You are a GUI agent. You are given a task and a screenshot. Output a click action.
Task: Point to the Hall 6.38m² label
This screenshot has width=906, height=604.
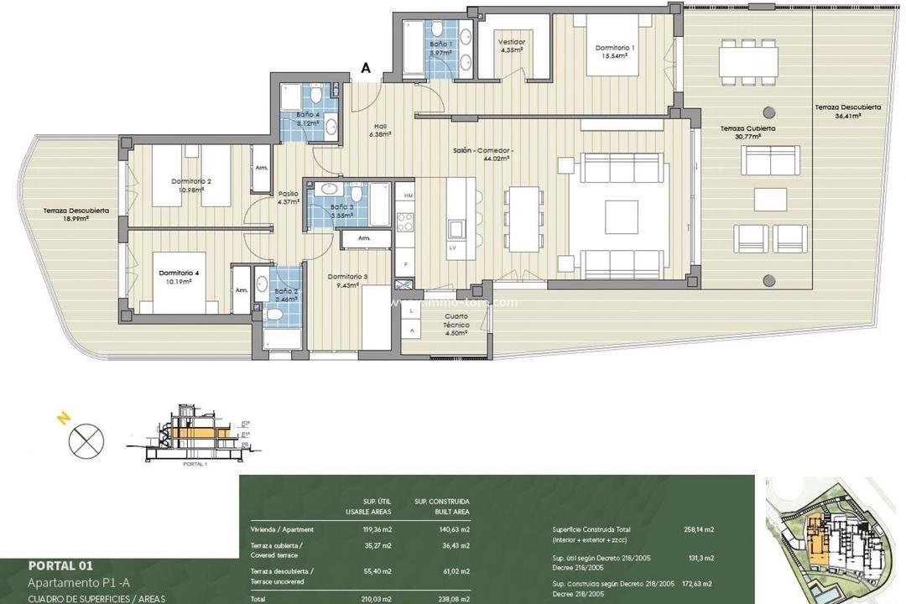click(x=380, y=129)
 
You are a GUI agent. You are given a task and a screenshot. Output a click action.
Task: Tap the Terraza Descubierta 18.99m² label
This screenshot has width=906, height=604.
click(x=76, y=216)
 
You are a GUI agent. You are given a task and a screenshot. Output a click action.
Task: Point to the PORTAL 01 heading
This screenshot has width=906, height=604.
click(x=66, y=565)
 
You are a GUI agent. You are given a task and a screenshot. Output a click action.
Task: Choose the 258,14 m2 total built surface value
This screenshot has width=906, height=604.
click(x=698, y=529)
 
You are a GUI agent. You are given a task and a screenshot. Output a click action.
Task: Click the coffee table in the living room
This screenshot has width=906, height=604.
click(x=622, y=216)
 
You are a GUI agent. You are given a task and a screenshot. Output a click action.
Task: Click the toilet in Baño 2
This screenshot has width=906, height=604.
click(x=274, y=313)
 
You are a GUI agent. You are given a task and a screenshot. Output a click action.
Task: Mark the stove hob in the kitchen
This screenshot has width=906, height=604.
click(x=405, y=221)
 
